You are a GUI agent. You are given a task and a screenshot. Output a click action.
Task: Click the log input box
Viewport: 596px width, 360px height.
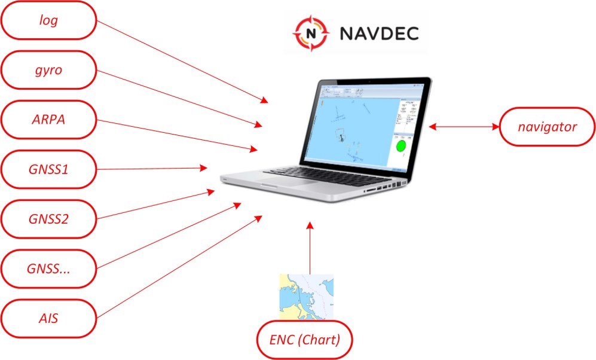(x=48, y=20)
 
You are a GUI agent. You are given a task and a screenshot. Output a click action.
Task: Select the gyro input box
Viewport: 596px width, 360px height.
(x=48, y=70)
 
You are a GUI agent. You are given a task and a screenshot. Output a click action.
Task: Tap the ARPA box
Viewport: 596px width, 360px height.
(x=48, y=120)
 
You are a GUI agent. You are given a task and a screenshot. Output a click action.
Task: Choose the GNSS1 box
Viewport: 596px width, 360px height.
(x=48, y=169)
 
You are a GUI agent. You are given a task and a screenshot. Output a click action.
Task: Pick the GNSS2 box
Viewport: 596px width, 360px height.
(x=48, y=219)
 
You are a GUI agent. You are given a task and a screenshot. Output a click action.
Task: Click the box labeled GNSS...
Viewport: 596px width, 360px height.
(x=48, y=269)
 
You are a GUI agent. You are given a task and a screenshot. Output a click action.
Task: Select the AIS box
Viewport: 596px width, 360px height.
(x=48, y=318)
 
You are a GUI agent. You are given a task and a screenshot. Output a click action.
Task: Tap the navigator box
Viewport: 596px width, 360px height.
(x=546, y=127)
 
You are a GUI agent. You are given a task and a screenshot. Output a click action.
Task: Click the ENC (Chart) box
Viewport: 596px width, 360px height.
(x=305, y=340)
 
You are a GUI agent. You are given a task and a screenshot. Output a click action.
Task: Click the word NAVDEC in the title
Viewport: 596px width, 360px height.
(x=379, y=33)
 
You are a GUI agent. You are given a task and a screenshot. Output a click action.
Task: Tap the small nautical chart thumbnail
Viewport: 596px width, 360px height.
(x=305, y=297)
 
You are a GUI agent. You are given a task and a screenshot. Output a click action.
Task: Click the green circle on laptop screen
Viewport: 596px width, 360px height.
(x=401, y=146)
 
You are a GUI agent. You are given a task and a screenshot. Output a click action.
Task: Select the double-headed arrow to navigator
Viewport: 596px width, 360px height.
(x=463, y=127)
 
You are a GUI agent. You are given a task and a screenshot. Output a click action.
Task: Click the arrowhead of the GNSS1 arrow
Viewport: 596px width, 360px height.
(x=203, y=169)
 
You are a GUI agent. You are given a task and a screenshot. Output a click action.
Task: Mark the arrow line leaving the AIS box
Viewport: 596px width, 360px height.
(x=179, y=266)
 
